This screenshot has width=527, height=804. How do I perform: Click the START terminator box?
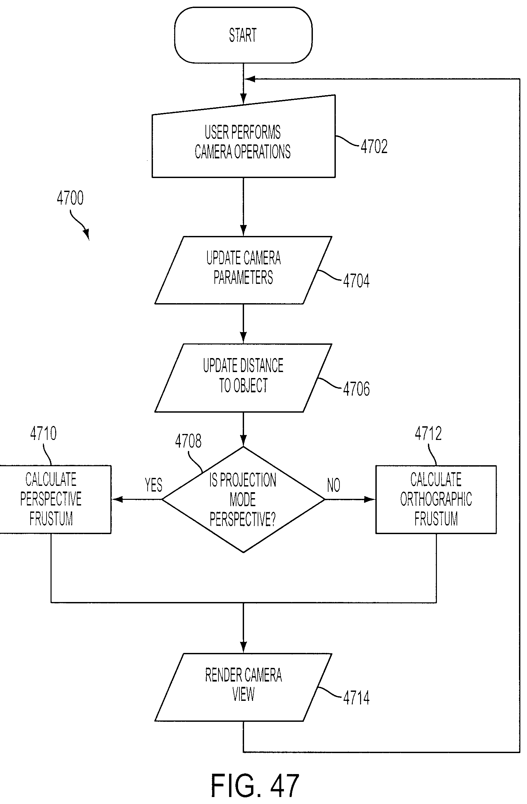click(x=243, y=35)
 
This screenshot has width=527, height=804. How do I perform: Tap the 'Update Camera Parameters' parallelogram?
click(x=243, y=270)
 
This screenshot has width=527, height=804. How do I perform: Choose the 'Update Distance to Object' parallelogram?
click(x=243, y=378)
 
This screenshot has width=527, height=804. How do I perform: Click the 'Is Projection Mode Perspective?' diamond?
click(x=243, y=499)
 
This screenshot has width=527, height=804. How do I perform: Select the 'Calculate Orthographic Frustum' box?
click(x=436, y=499)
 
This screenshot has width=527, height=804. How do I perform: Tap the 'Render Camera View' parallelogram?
click(x=243, y=687)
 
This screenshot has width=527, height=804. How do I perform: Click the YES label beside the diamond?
click(x=154, y=485)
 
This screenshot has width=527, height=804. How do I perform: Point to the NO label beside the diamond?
click(x=333, y=485)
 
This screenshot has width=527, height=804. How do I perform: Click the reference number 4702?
click(x=374, y=147)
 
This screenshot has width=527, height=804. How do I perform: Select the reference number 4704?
click(x=356, y=281)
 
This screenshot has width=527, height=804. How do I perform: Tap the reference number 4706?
click(x=356, y=389)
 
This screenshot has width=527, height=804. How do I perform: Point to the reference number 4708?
click(x=189, y=441)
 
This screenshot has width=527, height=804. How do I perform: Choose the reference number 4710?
click(x=44, y=433)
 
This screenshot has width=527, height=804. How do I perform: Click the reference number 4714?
click(x=356, y=698)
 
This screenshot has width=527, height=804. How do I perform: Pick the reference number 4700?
click(x=70, y=198)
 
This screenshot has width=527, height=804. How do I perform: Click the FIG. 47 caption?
click(x=255, y=785)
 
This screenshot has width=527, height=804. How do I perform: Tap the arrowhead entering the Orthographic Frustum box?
click(x=370, y=499)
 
